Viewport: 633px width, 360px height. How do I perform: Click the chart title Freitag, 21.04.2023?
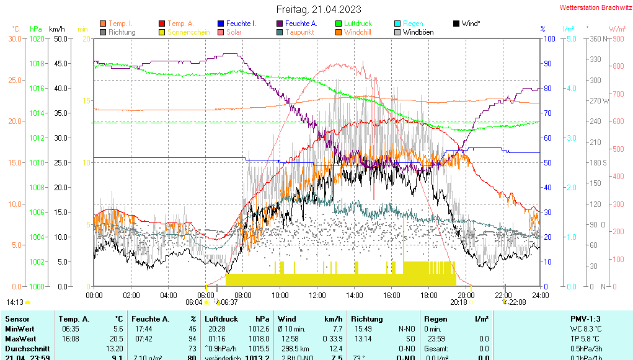[x=317, y=10]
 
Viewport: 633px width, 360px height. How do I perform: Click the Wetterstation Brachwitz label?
[x=592, y=8]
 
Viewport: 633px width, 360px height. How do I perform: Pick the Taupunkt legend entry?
[x=300, y=32]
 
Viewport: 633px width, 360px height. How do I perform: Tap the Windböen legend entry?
[x=418, y=32]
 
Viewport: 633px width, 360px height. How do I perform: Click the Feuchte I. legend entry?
[x=241, y=24]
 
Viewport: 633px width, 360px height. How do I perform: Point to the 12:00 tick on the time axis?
[x=317, y=295]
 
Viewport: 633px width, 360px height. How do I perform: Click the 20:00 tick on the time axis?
[x=466, y=295]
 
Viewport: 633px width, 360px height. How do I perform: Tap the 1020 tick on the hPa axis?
[x=37, y=38]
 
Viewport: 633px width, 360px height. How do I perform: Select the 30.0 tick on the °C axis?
[x=15, y=38]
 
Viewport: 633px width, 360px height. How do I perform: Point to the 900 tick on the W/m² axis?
[x=618, y=38]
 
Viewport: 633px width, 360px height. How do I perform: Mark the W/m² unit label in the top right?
[x=616, y=29]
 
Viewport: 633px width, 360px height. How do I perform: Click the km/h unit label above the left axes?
[x=57, y=29]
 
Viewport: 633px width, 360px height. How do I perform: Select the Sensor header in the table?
[x=17, y=318]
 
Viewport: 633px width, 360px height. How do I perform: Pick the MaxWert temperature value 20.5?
[x=117, y=338]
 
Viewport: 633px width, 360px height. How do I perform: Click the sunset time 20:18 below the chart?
[x=458, y=302]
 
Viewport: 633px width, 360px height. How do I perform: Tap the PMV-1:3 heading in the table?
[x=585, y=318]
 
